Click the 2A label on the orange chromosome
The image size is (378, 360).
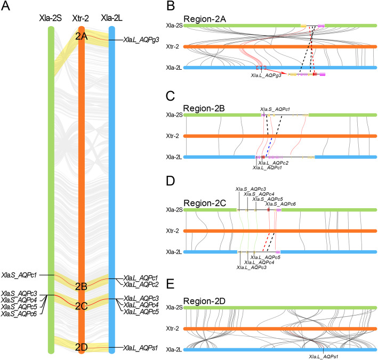pyautogui.click(x=81, y=37)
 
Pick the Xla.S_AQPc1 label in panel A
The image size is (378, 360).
pyautogui.click(x=19, y=275)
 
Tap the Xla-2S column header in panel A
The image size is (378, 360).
pyautogui.click(x=51, y=19)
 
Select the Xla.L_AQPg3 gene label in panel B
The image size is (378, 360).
pyautogui.click(x=266, y=76)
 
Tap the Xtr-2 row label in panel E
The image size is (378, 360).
pyautogui.click(x=174, y=329)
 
